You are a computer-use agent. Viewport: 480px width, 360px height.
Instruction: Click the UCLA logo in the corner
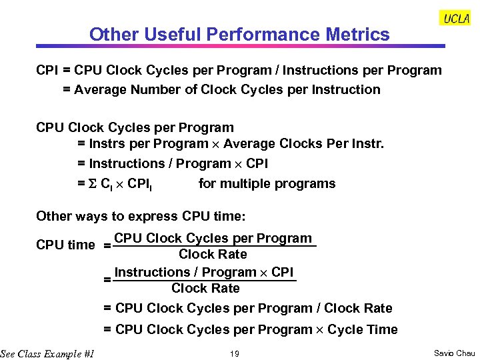(456, 19)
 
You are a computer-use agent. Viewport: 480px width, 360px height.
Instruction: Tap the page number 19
(234, 353)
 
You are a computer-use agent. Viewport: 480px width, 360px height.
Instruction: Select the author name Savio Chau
(455, 353)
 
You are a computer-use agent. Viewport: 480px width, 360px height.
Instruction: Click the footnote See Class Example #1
(47, 353)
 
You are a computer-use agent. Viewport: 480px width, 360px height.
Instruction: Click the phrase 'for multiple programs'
(267, 183)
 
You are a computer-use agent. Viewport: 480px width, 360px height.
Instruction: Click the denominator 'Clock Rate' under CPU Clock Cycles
(213, 254)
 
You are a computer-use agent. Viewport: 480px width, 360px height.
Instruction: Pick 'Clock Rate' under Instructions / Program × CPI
(205, 288)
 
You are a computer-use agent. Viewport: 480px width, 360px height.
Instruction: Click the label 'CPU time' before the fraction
(65, 245)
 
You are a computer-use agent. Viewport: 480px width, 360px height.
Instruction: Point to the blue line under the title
(240, 47)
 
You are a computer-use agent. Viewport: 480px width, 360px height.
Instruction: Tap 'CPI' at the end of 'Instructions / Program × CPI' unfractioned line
(257, 163)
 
